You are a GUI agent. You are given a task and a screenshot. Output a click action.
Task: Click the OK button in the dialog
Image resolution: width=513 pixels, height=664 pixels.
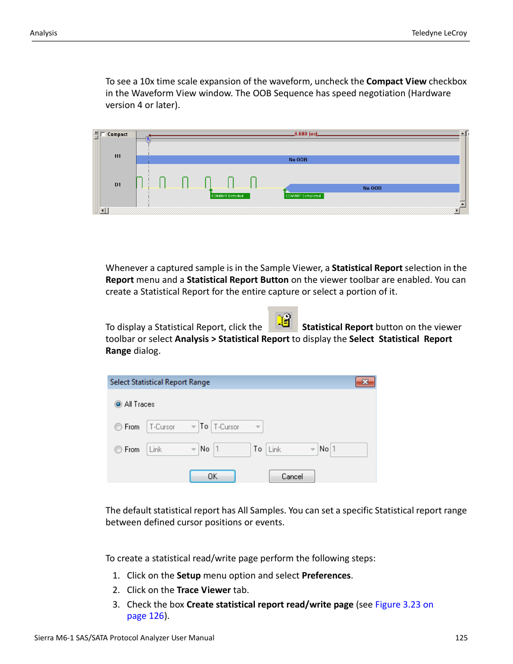(212, 476)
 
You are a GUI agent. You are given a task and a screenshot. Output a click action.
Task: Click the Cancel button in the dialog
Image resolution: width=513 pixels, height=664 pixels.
(292, 476)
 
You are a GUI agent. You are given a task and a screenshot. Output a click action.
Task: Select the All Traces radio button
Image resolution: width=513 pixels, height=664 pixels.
(118, 404)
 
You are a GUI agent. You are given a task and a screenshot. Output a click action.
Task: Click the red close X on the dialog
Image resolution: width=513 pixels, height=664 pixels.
(365, 382)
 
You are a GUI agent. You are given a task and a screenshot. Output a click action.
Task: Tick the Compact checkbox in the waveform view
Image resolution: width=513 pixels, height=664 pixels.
(103, 134)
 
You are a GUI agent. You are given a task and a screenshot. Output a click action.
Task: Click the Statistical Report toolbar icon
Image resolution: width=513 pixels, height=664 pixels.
(283, 320)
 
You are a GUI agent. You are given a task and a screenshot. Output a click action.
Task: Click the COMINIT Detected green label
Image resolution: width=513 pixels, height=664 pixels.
(230, 196)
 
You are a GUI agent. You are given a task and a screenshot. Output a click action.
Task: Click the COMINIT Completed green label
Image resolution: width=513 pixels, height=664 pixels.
(304, 196)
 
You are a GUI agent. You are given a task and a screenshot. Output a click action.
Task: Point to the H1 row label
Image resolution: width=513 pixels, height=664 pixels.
(118, 156)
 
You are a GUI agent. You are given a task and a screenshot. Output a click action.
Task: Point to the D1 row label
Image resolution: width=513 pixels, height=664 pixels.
(118, 184)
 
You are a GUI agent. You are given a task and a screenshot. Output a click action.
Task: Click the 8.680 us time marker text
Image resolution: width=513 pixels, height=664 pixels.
(305, 134)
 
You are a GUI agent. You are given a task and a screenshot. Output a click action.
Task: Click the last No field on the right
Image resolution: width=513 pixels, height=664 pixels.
(349, 449)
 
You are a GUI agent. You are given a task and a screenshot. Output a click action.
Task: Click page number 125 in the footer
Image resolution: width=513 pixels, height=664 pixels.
(461, 638)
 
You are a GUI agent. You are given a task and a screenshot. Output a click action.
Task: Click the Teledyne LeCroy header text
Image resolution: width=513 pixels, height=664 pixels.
(439, 33)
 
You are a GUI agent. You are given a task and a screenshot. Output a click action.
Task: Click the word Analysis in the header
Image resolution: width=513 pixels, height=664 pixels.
(44, 33)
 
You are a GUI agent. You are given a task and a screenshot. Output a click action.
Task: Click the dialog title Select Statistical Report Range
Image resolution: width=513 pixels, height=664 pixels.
(160, 382)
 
